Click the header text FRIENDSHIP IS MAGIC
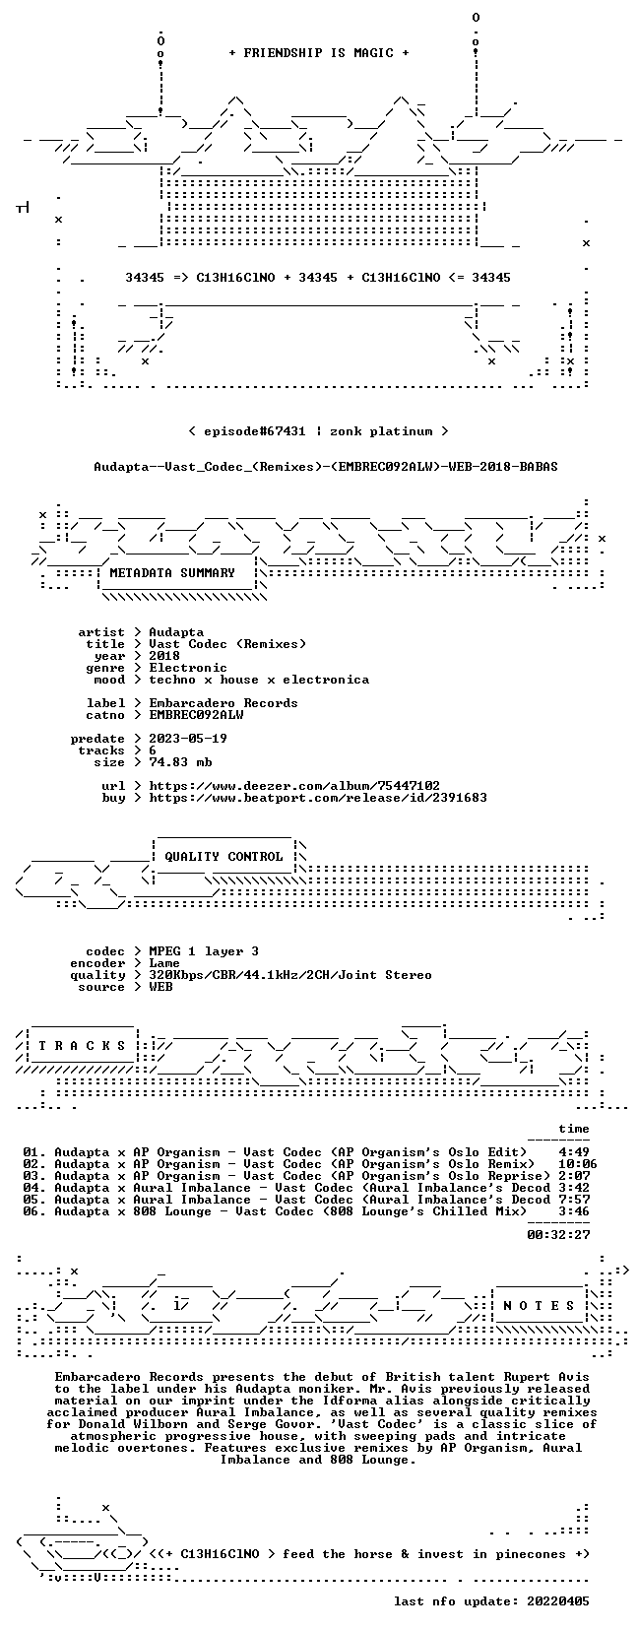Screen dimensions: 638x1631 (319, 53)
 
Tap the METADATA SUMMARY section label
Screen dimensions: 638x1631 (172, 573)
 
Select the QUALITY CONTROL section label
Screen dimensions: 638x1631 (223, 857)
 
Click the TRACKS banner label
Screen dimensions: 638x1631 (82, 1046)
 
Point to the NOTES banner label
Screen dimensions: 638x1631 (540, 1306)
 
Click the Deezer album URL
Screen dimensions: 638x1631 (294, 786)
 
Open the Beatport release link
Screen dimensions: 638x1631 (318, 798)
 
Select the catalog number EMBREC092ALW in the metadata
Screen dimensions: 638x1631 (196, 715)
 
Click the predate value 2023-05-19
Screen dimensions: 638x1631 (188, 739)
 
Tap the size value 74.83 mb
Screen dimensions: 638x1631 (180, 762)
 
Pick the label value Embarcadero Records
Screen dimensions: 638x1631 (223, 703)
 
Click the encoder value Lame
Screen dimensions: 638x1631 (164, 963)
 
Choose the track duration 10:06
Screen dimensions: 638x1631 (578, 1164)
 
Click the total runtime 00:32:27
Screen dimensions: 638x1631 (558, 1235)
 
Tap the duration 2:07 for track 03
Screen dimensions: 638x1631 (574, 1176)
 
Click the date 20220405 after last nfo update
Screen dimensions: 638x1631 (558, 1601)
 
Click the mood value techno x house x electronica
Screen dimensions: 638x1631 (259, 680)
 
